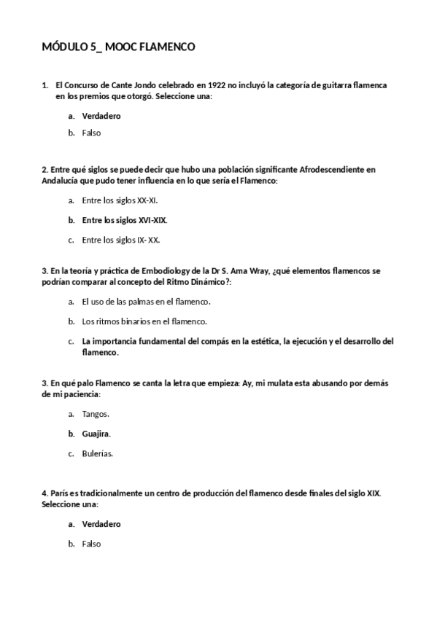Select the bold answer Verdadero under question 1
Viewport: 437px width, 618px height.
tap(101, 115)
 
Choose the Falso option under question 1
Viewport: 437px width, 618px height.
tap(91, 133)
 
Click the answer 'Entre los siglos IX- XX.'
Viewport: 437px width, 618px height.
tap(121, 239)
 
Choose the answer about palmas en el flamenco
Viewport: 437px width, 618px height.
tap(146, 301)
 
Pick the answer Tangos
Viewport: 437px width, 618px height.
tap(96, 413)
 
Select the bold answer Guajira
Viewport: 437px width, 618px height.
tap(96, 433)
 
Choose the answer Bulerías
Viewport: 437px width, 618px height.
tap(97, 453)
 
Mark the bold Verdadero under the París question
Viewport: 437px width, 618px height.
tap(101, 523)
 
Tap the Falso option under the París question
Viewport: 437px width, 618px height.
tap(91, 543)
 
